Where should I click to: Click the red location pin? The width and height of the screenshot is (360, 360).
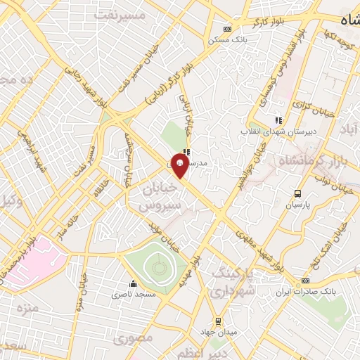point(180,167)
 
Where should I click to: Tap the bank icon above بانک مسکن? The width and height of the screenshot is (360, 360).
point(226,29)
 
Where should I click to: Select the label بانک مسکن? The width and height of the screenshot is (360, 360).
point(226,39)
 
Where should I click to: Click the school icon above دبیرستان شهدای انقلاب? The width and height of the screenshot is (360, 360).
point(278,120)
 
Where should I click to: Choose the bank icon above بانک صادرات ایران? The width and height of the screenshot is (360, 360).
point(304,281)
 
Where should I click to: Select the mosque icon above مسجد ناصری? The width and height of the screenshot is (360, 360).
point(133,285)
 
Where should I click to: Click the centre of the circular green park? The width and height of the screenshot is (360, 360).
point(155,266)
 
